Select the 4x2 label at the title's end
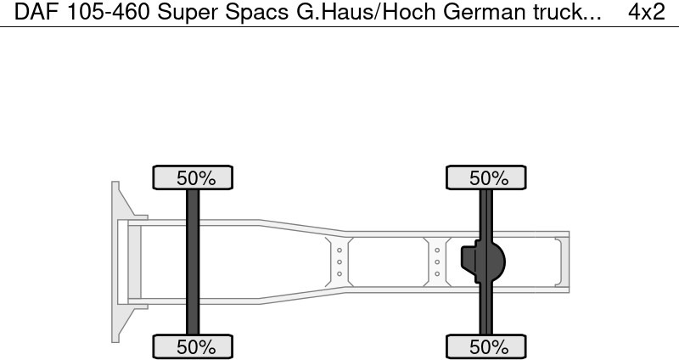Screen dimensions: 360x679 646,13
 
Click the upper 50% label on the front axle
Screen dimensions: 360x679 193,178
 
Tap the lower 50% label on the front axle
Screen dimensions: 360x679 193,346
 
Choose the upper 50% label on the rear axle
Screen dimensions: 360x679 487,178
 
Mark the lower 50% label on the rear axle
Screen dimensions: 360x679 487,346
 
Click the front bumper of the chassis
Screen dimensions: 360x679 119,262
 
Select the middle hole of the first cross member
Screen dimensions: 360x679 339,262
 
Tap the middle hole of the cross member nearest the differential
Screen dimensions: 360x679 437,262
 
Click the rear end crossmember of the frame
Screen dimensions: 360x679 561,262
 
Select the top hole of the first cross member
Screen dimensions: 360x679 339,250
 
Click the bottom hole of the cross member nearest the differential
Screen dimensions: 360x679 437,273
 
